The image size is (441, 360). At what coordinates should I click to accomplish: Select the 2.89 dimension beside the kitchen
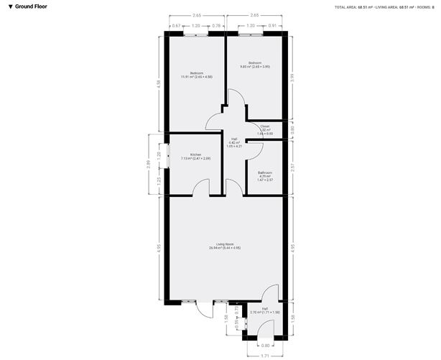148,165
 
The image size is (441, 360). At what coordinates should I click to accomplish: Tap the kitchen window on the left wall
168,156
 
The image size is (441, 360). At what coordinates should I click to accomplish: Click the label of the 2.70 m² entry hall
265,310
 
